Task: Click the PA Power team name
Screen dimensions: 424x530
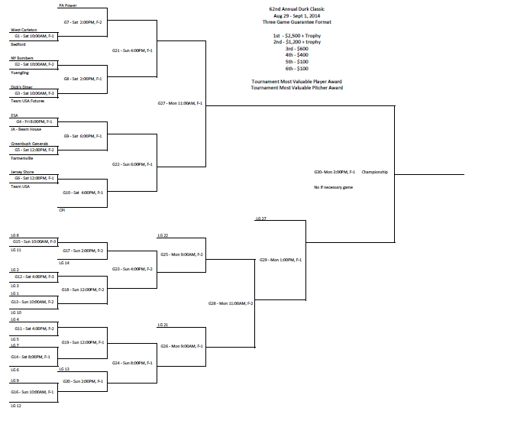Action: point(67,5)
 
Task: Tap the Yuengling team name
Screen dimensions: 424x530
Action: point(20,73)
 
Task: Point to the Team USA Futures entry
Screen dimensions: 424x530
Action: point(27,101)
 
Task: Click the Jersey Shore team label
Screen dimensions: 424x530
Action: point(22,173)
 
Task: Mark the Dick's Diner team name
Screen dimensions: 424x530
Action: point(21,87)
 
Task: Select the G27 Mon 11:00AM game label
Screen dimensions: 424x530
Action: point(179,102)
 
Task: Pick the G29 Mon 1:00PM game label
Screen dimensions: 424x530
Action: point(280,260)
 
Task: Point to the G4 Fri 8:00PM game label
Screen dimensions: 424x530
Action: point(34,121)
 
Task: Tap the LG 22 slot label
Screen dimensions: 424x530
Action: point(163,235)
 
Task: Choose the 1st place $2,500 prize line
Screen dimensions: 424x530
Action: point(297,36)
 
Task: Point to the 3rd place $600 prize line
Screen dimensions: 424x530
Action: point(297,48)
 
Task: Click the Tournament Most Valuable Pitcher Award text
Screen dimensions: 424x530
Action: point(297,88)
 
